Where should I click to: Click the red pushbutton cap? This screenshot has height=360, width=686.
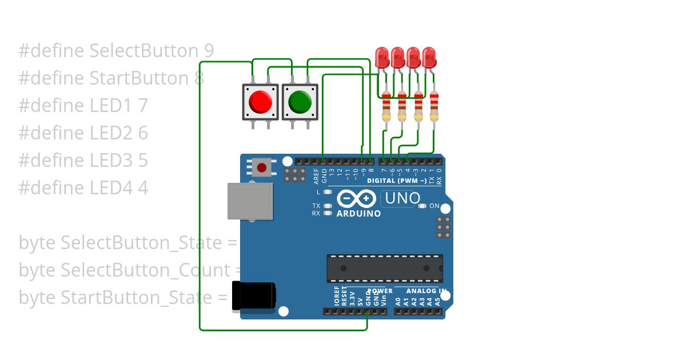pos(260,102)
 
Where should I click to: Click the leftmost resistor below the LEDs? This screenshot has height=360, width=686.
pos(386,106)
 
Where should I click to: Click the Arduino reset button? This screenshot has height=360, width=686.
pos(262,167)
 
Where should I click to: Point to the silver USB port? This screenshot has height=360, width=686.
pos(249,201)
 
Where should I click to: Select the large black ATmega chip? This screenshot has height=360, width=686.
pos(384,268)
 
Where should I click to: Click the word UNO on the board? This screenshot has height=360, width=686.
pos(402,198)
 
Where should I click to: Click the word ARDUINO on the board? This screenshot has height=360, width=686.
pos(358,214)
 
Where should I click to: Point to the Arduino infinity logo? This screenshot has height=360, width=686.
pos(356,199)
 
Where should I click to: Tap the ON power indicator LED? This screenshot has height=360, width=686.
pos(422,206)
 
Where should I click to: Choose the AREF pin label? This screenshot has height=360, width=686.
pos(316,176)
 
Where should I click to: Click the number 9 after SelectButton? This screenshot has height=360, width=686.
pos(209,51)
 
